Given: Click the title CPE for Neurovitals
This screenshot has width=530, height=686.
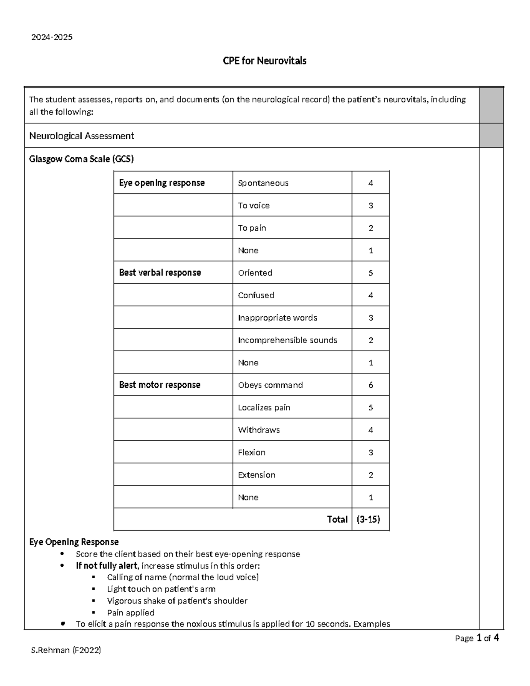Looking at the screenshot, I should click(x=264, y=61).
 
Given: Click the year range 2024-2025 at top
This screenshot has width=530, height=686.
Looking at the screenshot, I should click(x=52, y=38).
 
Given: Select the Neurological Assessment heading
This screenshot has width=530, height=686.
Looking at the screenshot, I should click(x=82, y=136).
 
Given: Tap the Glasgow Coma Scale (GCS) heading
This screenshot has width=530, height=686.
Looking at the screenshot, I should click(x=81, y=159).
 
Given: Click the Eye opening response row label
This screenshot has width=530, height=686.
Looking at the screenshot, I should click(x=162, y=183).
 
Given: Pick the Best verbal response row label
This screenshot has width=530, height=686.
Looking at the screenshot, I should click(x=160, y=273).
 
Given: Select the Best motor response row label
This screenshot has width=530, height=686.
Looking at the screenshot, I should click(x=159, y=385).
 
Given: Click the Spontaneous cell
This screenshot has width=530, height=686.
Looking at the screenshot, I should click(x=263, y=183).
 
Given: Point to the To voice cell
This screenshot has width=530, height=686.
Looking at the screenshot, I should click(x=254, y=205).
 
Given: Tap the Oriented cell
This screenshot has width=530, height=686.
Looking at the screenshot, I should click(x=255, y=273).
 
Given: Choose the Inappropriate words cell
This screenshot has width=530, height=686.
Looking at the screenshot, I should click(x=277, y=318).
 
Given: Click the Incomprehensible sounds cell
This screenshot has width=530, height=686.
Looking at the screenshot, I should click(x=288, y=340).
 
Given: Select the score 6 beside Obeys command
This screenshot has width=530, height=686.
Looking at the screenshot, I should click(x=371, y=385).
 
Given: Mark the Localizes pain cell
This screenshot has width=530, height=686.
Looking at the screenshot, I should click(x=264, y=407).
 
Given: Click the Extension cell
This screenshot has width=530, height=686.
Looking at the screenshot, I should click(x=257, y=475).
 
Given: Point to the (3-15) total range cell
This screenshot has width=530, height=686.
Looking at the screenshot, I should click(x=368, y=519).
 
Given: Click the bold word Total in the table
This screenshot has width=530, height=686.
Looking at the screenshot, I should click(x=337, y=519).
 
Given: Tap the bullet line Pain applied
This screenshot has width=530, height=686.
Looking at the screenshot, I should click(x=131, y=613).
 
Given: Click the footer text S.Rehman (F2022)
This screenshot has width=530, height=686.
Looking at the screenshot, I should click(x=66, y=650).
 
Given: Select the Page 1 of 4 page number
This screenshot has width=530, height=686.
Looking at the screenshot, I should click(x=477, y=638).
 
